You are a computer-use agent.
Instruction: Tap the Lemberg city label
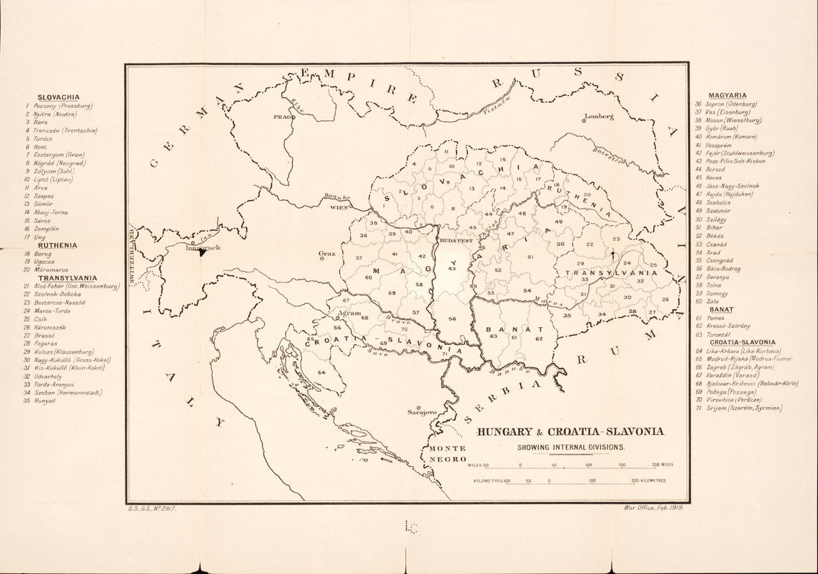click(x=599, y=117)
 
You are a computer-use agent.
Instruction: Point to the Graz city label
click(x=326, y=252)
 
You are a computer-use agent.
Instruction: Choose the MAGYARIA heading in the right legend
click(x=727, y=96)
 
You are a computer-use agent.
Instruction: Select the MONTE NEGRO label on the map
click(x=446, y=454)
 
